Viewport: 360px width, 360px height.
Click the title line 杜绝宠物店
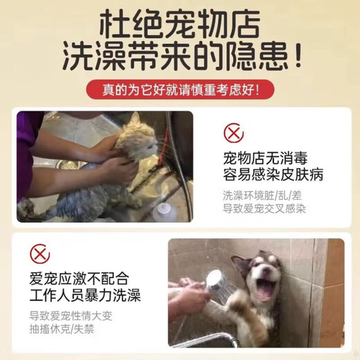(180, 24)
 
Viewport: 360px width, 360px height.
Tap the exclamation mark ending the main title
(298, 54)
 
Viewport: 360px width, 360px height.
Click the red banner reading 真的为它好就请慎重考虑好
(180, 89)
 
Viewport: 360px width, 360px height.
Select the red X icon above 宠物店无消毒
(233, 133)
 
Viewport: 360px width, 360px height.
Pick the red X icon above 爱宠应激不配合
(40, 254)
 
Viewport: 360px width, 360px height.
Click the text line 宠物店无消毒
(265, 159)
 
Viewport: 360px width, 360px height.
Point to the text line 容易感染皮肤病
(273, 174)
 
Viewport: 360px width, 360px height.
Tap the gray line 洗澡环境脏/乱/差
(262, 196)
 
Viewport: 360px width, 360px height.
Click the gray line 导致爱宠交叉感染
(264, 209)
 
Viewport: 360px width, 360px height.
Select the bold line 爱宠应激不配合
(79, 278)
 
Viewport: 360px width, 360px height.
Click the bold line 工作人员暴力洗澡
(85, 295)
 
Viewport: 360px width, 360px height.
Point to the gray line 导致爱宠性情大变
(71, 316)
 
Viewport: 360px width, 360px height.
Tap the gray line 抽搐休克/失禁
(62, 329)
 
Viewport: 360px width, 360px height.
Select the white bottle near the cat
(164, 212)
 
